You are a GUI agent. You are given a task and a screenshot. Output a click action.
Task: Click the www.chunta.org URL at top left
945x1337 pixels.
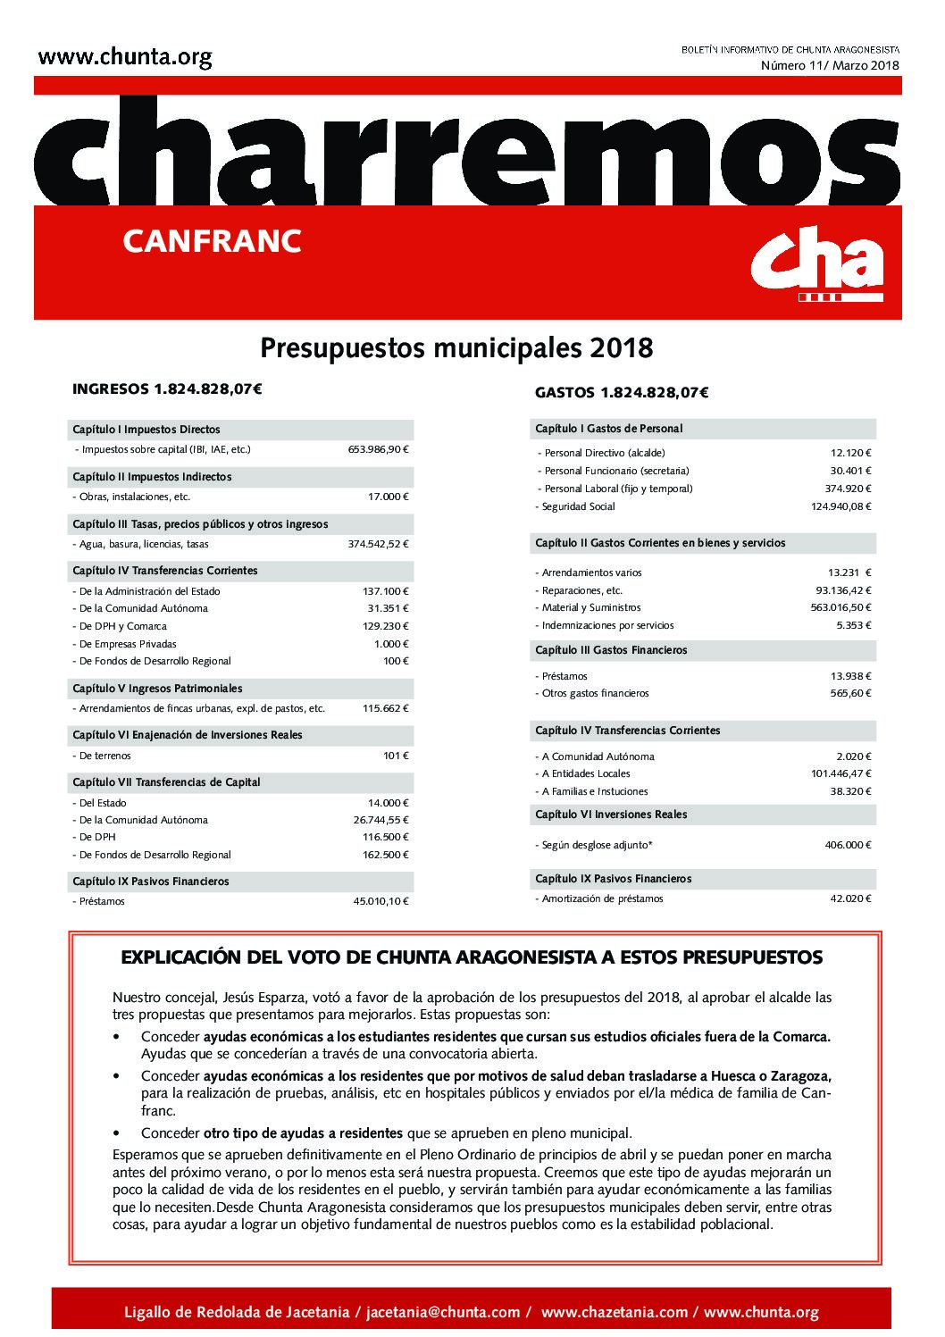[125, 59]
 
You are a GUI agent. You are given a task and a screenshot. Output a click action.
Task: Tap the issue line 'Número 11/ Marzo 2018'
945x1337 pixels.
[830, 65]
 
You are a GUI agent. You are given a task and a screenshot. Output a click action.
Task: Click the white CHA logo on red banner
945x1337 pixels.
[815, 263]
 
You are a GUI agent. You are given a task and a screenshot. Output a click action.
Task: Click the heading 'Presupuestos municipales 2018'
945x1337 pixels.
[456, 347]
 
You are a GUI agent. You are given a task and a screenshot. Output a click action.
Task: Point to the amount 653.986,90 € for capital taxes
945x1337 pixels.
[378, 449]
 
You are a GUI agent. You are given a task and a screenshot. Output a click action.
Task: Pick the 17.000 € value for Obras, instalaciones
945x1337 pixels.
[390, 497]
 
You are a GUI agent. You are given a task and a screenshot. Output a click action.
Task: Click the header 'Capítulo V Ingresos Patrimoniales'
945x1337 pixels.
[157, 689]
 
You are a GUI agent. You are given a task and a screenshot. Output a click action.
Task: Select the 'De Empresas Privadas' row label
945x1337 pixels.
[125, 644]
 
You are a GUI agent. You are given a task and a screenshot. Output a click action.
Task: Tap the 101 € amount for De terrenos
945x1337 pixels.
[396, 756]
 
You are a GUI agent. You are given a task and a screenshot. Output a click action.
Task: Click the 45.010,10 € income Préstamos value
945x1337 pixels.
[381, 901]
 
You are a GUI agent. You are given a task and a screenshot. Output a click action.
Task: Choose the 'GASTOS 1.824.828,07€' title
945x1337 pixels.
[621, 392]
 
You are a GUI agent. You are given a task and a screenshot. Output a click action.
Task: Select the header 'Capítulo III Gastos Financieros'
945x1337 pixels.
[611, 650]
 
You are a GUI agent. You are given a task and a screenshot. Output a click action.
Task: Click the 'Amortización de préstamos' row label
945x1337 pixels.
[600, 898]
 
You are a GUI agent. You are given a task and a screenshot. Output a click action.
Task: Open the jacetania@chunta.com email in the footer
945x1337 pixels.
[444, 1312]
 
